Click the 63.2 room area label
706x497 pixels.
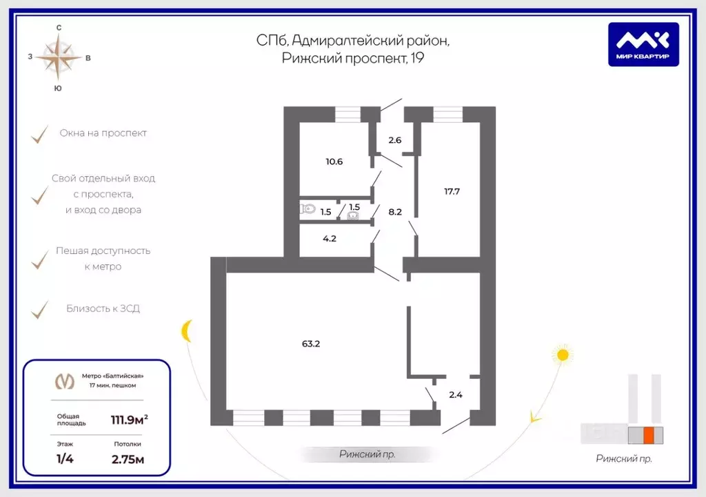[x=311, y=344]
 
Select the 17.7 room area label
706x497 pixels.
[x=452, y=191]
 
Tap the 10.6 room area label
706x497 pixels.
[x=334, y=162]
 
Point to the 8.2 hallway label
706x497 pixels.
[x=395, y=211]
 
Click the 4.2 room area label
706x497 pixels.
[x=330, y=239]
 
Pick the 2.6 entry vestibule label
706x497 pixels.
[x=395, y=140]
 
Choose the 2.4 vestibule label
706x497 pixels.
[x=456, y=395]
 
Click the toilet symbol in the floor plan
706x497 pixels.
[x=307, y=209]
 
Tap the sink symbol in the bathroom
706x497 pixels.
[x=353, y=216]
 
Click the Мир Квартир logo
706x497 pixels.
[x=643, y=44]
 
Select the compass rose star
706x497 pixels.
[x=59, y=58]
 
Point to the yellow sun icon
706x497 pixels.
[x=563, y=355]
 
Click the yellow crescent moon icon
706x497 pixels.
[x=186, y=331]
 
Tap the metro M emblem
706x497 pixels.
[x=64, y=381]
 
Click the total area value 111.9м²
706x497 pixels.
[x=129, y=420]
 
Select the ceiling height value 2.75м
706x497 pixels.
[x=128, y=460]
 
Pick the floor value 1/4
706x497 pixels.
[x=65, y=459]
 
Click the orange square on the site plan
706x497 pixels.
[x=648, y=435]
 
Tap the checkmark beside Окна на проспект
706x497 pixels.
[x=39, y=135]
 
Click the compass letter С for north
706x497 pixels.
[x=59, y=28]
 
